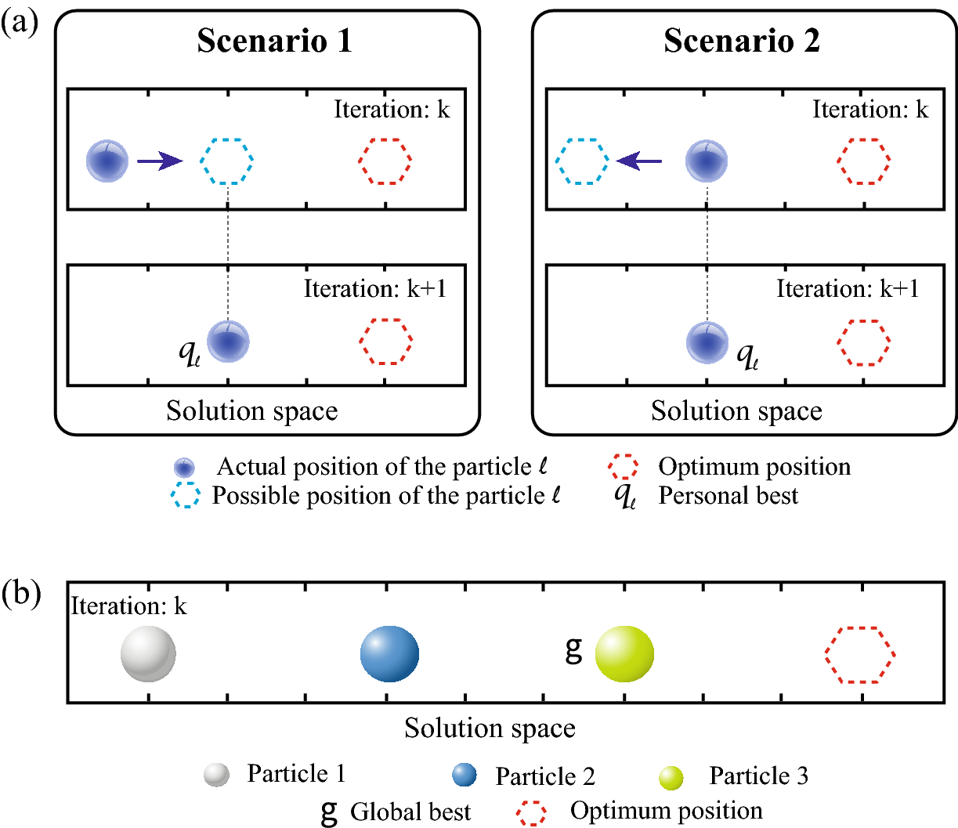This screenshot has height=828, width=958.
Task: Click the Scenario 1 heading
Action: point(275,41)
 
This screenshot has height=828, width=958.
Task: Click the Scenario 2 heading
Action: point(742,41)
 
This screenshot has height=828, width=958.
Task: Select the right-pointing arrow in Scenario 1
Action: point(160,161)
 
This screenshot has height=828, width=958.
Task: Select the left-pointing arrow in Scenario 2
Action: point(639,161)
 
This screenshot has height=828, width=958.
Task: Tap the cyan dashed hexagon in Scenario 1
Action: point(227,161)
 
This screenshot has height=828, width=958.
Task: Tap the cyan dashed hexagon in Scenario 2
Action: point(582,161)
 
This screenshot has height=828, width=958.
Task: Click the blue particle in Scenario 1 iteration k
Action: point(107,161)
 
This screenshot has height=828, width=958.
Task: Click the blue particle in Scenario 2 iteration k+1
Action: point(707,342)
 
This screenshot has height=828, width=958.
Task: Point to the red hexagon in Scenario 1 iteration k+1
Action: point(386,342)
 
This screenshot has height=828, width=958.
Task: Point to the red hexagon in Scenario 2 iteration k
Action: point(865,161)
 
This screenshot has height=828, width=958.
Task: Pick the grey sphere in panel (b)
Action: point(148,654)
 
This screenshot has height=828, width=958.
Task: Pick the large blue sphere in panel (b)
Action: point(389,654)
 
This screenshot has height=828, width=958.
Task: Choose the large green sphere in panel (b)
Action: point(624,654)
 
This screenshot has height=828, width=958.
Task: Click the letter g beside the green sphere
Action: point(574,649)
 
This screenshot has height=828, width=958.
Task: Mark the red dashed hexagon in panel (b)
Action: point(860,655)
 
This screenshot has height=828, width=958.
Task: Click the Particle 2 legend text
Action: point(545,776)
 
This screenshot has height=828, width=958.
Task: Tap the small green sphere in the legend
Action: point(671,777)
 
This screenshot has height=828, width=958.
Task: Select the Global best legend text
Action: point(410,812)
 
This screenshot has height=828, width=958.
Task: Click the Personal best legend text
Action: point(728,496)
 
